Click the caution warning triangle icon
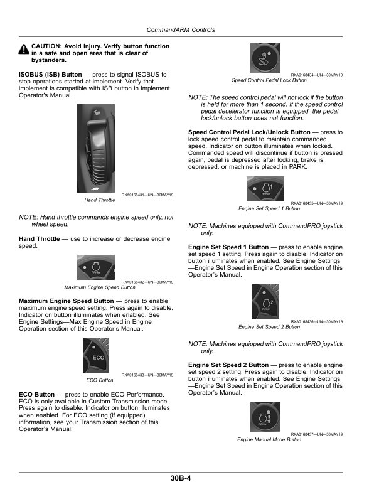(24, 49)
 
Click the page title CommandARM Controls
(181, 29)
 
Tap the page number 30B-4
(181, 478)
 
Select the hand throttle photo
(96, 148)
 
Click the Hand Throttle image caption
(100, 200)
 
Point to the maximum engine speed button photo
(96, 267)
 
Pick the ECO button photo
(96, 355)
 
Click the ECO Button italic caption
(100, 380)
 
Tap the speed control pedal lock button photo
(265, 58)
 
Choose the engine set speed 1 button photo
(265, 189)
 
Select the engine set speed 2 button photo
(265, 302)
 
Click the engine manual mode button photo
(265, 417)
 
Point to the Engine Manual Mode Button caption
(269, 439)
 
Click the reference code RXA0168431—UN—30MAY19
(147, 195)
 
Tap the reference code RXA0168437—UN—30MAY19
(317, 434)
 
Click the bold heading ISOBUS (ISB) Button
(50, 75)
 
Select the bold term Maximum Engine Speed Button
(67, 301)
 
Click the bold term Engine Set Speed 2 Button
(228, 365)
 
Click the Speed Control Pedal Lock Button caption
(269, 80)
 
